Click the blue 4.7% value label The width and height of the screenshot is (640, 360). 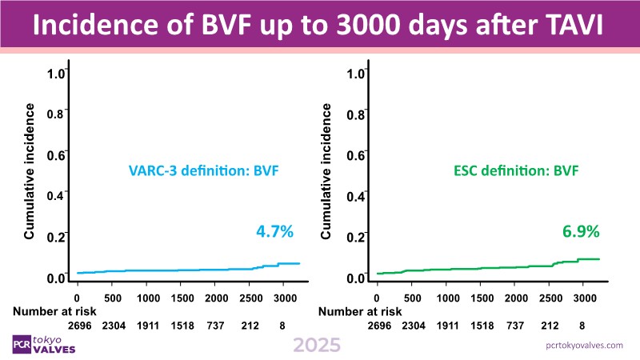[x=274, y=232]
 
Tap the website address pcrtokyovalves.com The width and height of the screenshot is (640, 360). [x=582, y=344]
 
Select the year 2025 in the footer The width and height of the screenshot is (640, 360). [x=317, y=345]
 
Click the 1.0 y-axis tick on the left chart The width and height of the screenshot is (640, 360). [x=55, y=74]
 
